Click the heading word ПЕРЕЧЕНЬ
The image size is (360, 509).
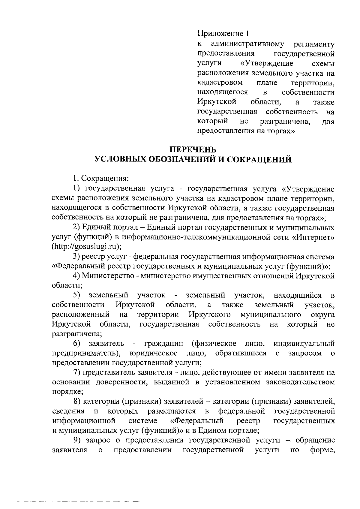pos(193,149)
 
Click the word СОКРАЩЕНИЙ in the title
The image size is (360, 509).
pos(258,159)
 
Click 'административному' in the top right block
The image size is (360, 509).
pos(247,44)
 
